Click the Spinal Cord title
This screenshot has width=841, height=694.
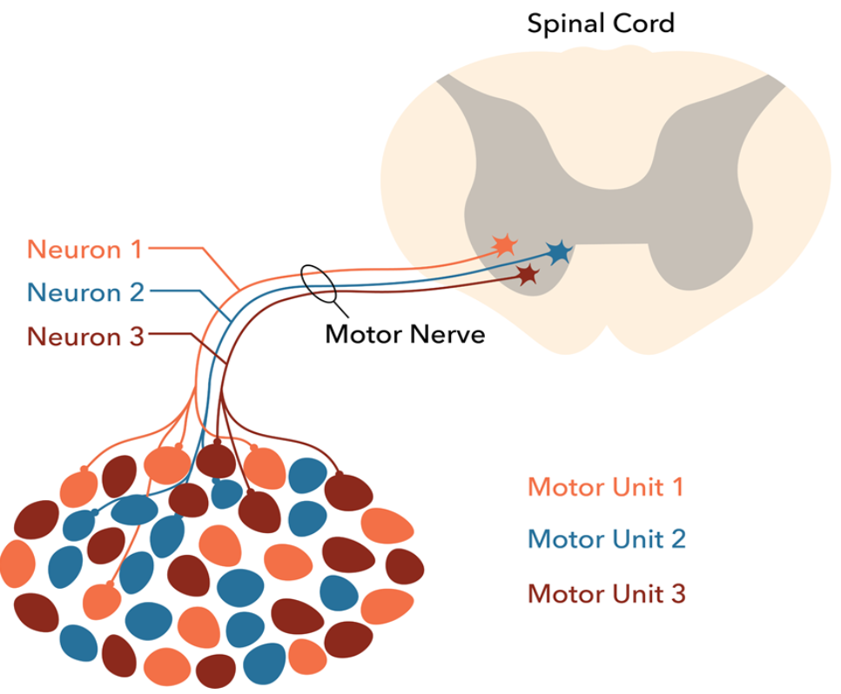pyautogui.click(x=600, y=23)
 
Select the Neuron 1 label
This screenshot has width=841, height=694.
pyautogui.click(x=84, y=250)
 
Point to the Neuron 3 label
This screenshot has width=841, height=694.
pyautogui.click(x=84, y=335)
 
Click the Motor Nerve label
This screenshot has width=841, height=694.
pyautogui.click(x=405, y=334)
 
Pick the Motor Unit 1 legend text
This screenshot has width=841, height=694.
pyautogui.click(x=606, y=486)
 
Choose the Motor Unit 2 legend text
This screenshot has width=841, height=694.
pyautogui.click(x=606, y=539)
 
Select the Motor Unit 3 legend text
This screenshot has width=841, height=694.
pyautogui.click(x=606, y=594)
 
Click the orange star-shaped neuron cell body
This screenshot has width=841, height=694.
pyautogui.click(x=503, y=245)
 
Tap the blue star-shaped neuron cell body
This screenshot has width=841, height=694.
pyautogui.click(x=558, y=252)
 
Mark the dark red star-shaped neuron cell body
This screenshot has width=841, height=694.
pyautogui.click(x=527, y=275)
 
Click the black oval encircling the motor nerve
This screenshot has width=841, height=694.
pyautogui.click(x=318, y=284)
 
